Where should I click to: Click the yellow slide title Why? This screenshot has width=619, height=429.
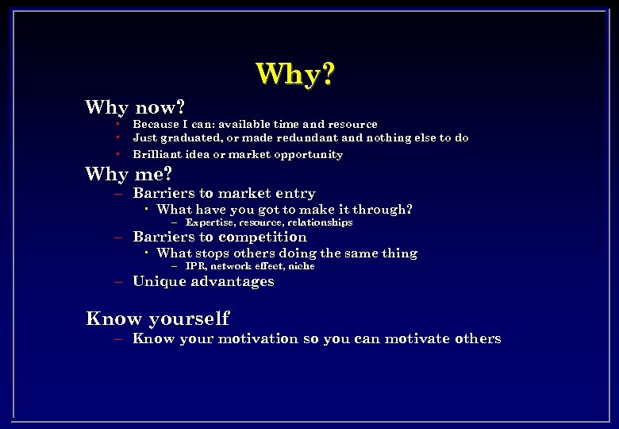(x=295, y=75)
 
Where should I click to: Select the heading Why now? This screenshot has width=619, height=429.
(x=135, y=106)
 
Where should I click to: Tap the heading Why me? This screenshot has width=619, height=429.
(x=129, y=172)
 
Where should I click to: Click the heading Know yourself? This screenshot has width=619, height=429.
(x=157, y=319)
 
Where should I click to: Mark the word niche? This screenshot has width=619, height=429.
(x=301, y=266)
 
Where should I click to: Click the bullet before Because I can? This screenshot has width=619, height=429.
(x=116, y=124)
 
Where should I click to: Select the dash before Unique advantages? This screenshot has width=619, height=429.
(x=117, y=282)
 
